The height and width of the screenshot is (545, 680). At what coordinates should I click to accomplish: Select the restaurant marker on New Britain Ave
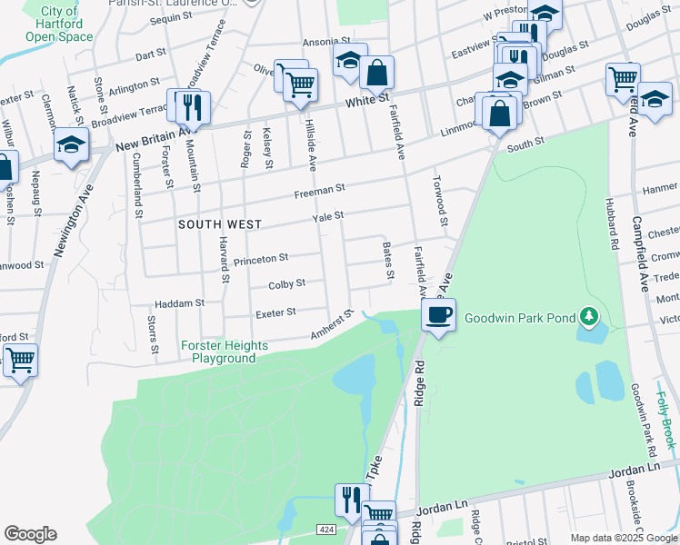click(x=192, y=106)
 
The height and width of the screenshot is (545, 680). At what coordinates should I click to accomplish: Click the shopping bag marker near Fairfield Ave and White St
click(x=376, y=71)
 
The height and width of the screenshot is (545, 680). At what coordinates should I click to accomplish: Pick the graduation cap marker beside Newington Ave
click(x=70, y=145)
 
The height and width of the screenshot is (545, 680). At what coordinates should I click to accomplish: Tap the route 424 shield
click(x=325, y=529)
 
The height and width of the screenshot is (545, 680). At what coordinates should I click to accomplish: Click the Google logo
click(x=30, y=534)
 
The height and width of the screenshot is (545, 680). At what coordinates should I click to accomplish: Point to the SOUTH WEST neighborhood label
click(x=219, y=224)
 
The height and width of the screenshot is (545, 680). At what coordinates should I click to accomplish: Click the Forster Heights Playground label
click(x=224, y=352)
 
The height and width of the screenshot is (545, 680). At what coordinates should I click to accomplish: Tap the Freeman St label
click(x=319, y=189)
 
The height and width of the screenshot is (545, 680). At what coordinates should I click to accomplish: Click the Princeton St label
click(x=261, y=260)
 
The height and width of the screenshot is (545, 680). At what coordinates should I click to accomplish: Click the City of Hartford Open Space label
click(x=58, y=25)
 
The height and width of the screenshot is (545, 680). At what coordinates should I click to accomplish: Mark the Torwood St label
click(x=441, y=201)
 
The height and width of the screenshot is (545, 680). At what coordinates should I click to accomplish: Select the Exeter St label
click(x=277, y=312)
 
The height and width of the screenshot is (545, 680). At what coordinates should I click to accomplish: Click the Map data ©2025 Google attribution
click(x=623, y=538)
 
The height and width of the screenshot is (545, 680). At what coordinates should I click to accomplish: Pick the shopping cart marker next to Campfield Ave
click(x=623, y=78)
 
